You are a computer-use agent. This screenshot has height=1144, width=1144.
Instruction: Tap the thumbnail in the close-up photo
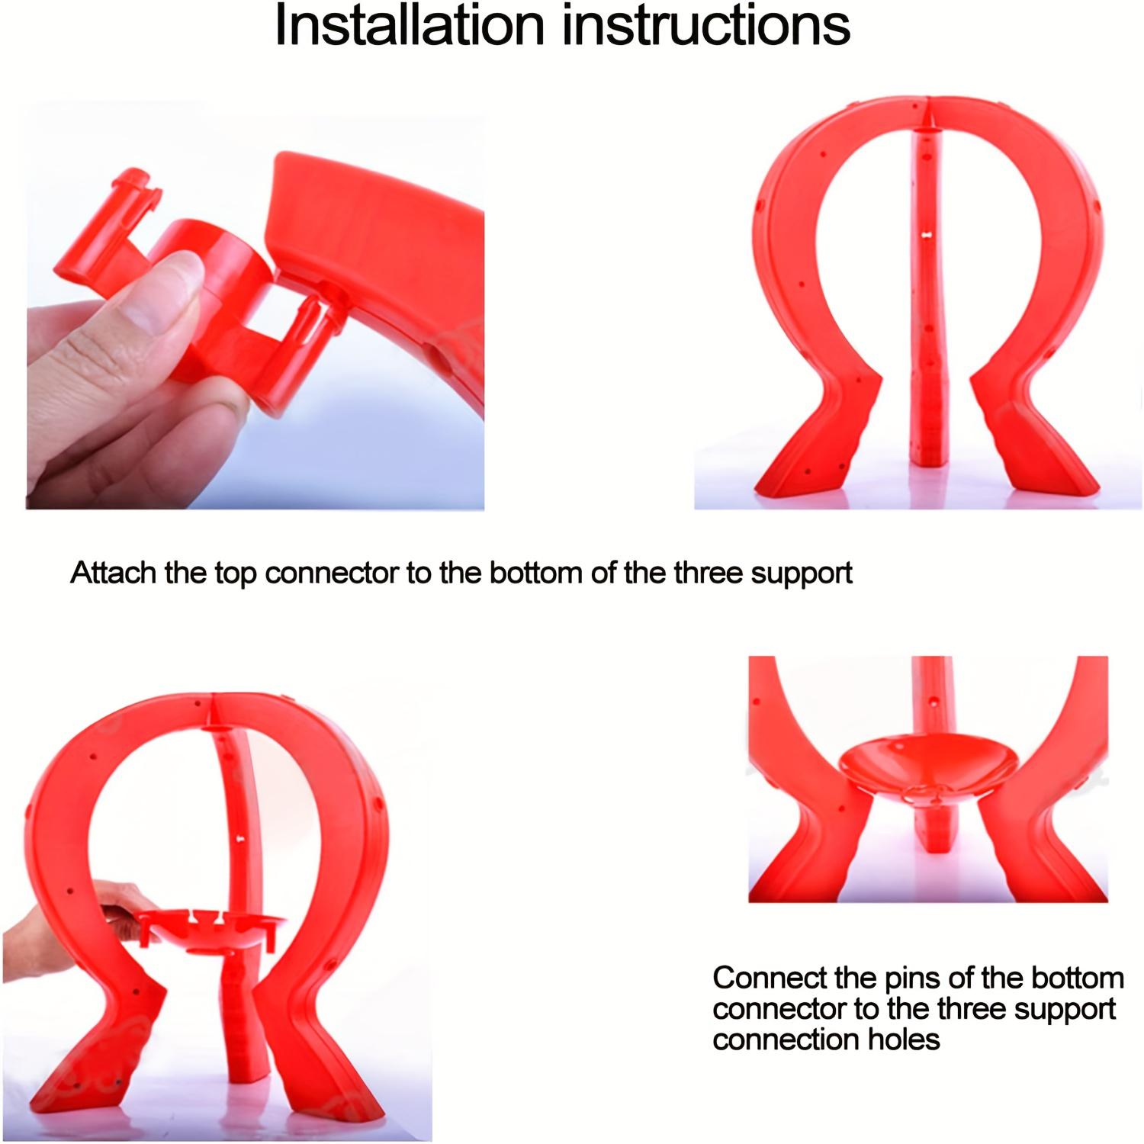[x=172, y=290]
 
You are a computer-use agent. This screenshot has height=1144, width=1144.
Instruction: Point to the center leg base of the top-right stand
[x=929, y=450]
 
